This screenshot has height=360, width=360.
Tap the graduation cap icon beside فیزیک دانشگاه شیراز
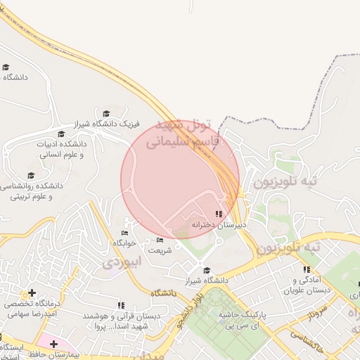pyautogui.click(x=106, y=113)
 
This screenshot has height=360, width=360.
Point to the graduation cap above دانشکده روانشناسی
pyautogui.click(x=31, y=175)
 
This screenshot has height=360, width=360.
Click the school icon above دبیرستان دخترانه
pyautogui.click(x=219, y=214)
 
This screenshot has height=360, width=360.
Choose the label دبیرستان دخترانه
pyautogui.click(x=220, y=225)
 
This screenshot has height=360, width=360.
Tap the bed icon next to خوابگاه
pyautogui.click(x=125, y=233)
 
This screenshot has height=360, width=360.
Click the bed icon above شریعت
pyautogui.click(x=160, y=240)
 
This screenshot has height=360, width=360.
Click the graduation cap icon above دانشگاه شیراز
pyautogui.click(x=206, y=270)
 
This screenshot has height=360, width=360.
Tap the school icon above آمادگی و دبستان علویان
pyautogui.click(x=307, y=269)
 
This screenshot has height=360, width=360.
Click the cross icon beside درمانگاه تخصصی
pyautogui.click(x=32, y=292)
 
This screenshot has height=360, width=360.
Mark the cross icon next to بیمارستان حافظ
pyautogui.click(x=53, y=344)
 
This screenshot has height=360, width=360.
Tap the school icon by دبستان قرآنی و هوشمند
pyautogui.click(x=121, y=305)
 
